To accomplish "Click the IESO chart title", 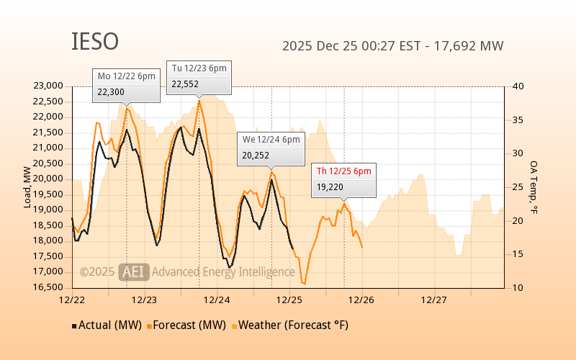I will point(94,42).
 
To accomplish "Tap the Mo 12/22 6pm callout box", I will point(126,86).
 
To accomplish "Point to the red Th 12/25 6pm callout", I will point(344,180).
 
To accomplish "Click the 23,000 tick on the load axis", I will point(48,86).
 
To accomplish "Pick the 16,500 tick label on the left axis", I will point(48,287).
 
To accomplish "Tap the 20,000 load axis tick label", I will point(48,179).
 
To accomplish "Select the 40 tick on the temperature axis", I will point(518,86).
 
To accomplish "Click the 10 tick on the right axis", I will point(518,287).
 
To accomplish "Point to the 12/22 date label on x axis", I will point(73,299).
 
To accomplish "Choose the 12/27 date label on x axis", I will point(433,299).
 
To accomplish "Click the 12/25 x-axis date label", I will point(289,299).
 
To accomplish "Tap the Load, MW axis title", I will point(27,187).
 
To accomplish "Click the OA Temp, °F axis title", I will point(534,187).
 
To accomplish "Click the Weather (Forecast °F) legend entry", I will point(289,325).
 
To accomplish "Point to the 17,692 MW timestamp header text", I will point(392,46).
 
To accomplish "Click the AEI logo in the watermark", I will point(133,271).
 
